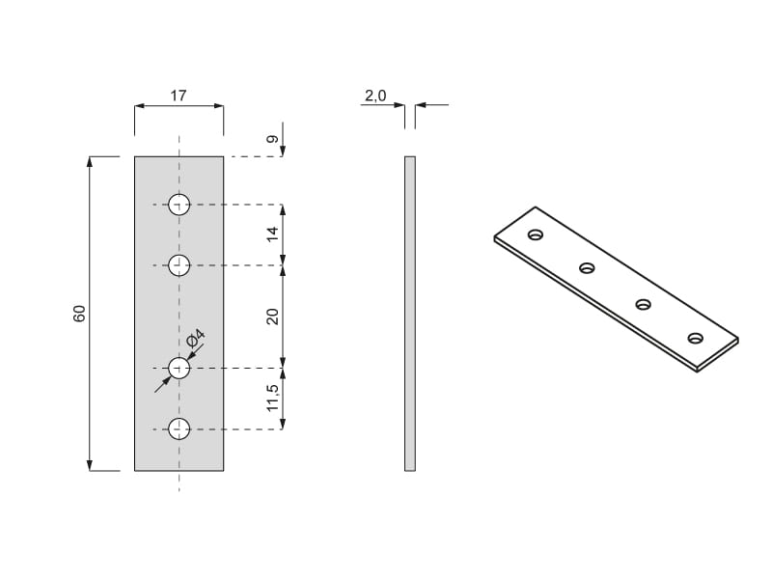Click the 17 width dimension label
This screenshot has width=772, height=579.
pos(179,95)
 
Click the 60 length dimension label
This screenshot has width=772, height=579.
pos(79,314)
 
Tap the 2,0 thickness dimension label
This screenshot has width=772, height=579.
pos(375,96)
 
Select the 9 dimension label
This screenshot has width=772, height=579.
pos(272,139)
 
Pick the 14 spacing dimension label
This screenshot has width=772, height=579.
pos(272,234)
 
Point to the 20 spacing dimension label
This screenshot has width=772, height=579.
pos(272,317)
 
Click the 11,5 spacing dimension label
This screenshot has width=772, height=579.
pos(272,398)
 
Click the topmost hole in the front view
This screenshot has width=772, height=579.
pos(179,205)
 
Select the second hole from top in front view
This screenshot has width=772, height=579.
pos(179,265)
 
